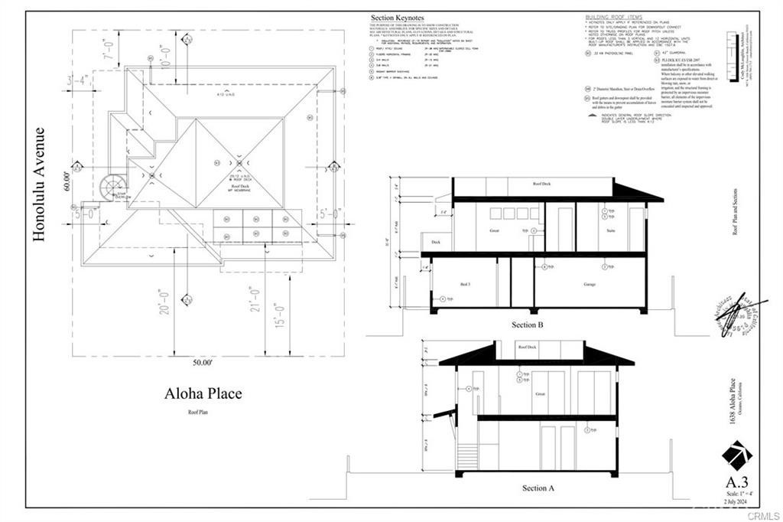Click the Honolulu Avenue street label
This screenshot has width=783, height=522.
(40, 184)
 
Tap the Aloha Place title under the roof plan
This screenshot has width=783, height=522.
(203, 394)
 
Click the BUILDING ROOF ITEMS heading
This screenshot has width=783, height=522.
(614, 16)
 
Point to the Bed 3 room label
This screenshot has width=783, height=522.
(465, 284)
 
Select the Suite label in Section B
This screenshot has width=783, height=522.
(611, 229)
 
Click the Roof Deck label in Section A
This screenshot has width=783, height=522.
(527, 347)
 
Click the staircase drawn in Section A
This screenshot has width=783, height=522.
(466, 457)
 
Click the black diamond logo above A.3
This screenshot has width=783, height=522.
(737, 455)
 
